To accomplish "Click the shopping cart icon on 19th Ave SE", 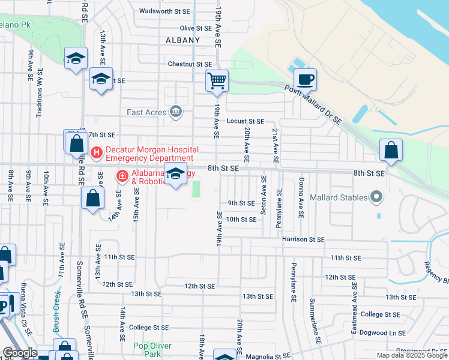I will pyautogui.click(x=217, y=80).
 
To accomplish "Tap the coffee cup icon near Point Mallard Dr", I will pyautogui.click(x=305, y=79).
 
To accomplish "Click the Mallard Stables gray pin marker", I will pyautogui.click(x=376, y=196).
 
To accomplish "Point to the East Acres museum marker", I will pyautogui.click(x=176, y=111).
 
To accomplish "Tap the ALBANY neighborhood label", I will pyautogui.click(x=182, y=40).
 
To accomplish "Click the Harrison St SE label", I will pyautogui.click(x=303, y=239).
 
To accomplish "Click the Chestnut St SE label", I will pyautogui.click(x=190, y=64).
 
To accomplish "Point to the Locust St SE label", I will pyautogui.click(x=246, y=121).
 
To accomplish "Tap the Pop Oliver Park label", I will pyautogui.click(x=152, y=350).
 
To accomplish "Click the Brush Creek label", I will pyautogui.click(x=57, y=312).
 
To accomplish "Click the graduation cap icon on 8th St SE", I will pyautogui.click(x=175, y=175).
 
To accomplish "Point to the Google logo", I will pyautogui.click(x=19, y=353).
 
